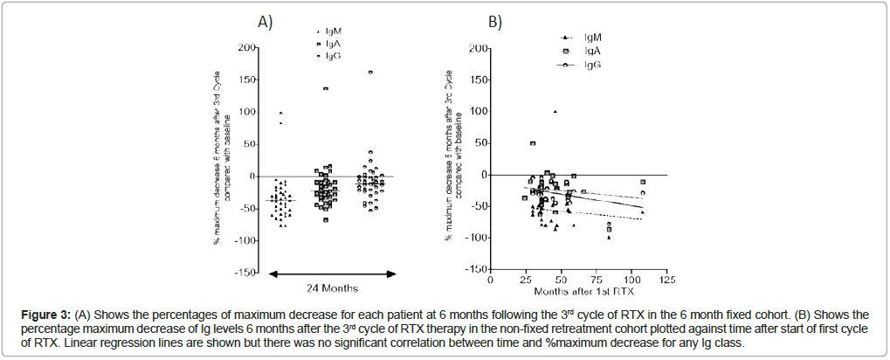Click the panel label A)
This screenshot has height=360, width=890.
(265, 23)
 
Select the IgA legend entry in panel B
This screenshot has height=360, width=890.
(591, 51)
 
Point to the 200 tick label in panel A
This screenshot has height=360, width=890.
(247, 47)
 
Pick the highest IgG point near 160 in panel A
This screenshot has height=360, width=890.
(370, 73)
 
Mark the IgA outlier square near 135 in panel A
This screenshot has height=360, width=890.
(326, 88)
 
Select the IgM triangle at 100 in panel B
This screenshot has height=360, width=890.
(555, 111)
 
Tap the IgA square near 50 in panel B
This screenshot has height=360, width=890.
(533, 143)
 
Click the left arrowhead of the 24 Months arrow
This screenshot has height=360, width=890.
(270, 274)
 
